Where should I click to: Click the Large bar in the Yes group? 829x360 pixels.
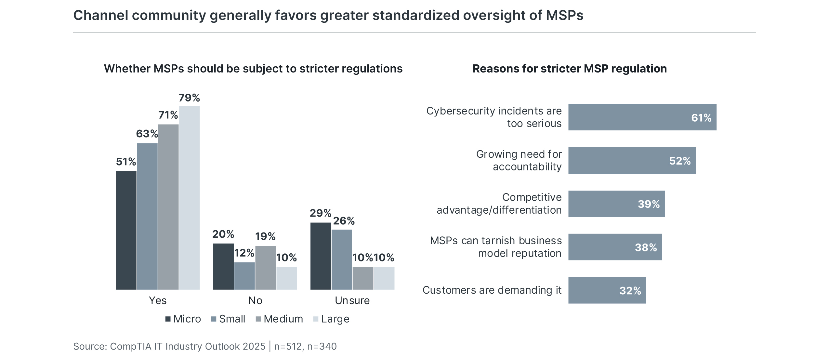click(189, 197)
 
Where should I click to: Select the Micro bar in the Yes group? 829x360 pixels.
click(126, 230)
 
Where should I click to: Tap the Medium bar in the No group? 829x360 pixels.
click(265, 268)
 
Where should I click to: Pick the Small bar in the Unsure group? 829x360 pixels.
click(342, 260)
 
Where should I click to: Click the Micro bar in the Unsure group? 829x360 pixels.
click(321, 256)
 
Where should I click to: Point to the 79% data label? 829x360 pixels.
click(189, 98)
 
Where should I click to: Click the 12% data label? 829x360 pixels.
click(244, 253)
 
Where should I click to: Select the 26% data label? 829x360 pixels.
click(344, 221)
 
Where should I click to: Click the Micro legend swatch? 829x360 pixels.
click(168, 319)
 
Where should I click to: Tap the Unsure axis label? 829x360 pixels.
click(352, 300)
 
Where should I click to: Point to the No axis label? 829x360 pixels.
click(255, 300)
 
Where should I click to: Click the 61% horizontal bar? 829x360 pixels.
click(642, 117)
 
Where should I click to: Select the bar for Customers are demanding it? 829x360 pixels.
click(607, 290)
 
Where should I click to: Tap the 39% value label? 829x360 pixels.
click(649, 204)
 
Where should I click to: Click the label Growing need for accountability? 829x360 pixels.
click(519, 160)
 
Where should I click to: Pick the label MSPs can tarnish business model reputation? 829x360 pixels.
click(496, 247)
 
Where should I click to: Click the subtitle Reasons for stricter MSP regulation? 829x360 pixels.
click(570, 69)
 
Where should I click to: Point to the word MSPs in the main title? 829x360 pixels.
click(564, 15)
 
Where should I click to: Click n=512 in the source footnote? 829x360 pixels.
click(288, 346)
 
